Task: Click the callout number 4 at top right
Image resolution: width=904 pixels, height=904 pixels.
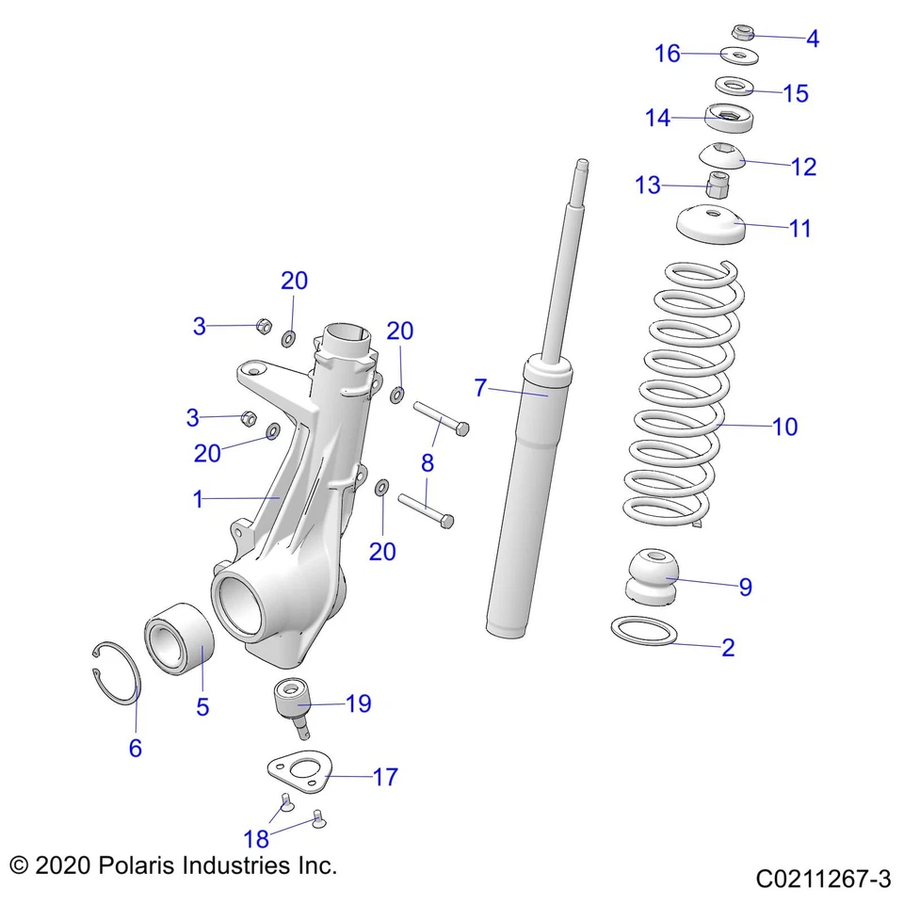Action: coord(813,40)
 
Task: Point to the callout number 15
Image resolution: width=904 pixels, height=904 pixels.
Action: coord(796,93)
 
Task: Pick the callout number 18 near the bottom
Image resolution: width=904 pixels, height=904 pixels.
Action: coord(257,838)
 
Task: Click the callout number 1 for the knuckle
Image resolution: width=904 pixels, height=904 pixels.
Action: coord(198,500)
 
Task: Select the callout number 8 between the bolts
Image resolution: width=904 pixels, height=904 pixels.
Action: coord(428,463)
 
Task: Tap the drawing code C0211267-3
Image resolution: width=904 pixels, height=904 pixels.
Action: coord(822,880)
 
